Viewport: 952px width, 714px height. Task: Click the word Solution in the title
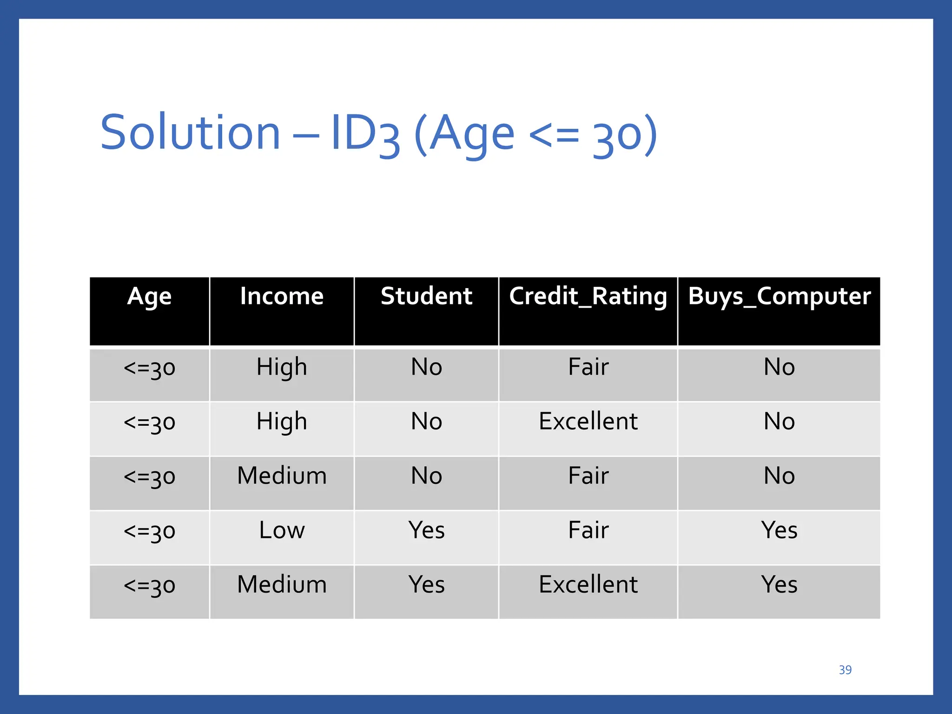click(190, 133)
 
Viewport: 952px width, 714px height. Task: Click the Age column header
click(149, 297)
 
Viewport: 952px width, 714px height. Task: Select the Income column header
click(282, 297)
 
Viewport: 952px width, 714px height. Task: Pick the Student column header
click(426, 297)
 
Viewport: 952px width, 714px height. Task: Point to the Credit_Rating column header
click(588, 297)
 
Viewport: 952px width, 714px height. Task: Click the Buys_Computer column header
click(779, 297)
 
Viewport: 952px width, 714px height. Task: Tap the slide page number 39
click(845, 670)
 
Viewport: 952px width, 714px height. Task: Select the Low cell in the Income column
click(282, 530)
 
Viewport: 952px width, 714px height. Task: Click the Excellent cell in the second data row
click(588, 422)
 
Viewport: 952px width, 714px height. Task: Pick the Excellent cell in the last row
click(588, 585)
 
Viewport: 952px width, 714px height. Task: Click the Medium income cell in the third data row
click(282, 476)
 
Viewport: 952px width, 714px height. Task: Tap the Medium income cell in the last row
click(282, 585)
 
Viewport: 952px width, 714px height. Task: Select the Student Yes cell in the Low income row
click(426, 530)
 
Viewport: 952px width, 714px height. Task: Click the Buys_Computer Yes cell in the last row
click(779, 585)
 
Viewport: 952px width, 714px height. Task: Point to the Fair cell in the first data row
click(588, 367)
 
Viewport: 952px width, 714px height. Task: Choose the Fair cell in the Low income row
click(588, 530)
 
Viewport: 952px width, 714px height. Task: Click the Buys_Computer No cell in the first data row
click(779, 367)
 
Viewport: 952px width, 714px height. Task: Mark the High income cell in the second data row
click(282, 422)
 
